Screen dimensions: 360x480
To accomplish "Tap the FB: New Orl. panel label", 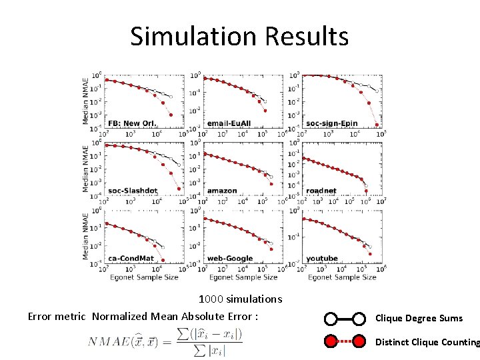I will [131, 123].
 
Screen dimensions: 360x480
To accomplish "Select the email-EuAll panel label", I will [229, 123].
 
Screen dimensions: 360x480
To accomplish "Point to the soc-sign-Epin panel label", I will [331, 123].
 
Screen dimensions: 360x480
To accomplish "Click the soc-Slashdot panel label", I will [132, 191].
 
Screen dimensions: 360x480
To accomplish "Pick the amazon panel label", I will [222, 191].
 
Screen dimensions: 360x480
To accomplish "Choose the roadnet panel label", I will [321, 191].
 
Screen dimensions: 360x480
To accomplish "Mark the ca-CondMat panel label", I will [131, 258].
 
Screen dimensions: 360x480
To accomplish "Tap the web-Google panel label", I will [230, 258].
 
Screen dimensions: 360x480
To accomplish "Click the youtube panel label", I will [322, 258].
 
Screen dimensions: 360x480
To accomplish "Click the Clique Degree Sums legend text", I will [419, 319].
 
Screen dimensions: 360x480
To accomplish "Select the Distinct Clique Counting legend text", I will [427, 343].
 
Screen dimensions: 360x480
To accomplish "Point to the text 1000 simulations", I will [240, 299].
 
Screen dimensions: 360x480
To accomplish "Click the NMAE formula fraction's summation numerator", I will [210, 333].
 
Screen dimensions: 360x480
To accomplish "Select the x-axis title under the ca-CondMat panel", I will [144, 277].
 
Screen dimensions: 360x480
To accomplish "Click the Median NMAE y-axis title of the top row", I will [86, 99].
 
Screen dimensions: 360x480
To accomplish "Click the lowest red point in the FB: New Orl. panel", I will [171, 115].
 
